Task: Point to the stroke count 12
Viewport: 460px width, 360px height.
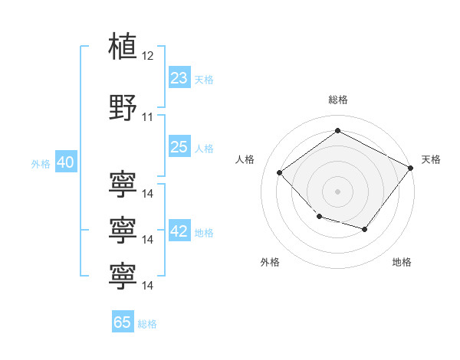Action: pos(148,56)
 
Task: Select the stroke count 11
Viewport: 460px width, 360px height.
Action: pos(148,117)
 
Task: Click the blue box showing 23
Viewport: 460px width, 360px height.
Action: pos(179,78)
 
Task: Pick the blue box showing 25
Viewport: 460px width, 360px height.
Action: pos(179,147)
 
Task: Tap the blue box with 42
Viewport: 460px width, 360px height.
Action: pos(179,232)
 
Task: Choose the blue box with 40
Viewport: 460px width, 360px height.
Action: pos(65,162)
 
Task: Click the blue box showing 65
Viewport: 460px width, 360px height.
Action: pos(122,322)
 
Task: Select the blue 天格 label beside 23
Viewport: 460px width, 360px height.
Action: pos(204,79)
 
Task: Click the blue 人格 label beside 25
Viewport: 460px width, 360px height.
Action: pos(204,148)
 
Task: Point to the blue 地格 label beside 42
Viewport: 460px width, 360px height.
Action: pos(204,233)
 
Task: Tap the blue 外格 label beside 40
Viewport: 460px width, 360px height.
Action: pos(40,163)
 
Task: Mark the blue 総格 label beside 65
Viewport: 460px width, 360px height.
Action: pos(147,323)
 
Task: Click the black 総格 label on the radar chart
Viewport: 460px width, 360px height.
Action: pos(337,100)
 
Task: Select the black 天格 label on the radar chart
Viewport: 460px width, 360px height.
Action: pos(432,159)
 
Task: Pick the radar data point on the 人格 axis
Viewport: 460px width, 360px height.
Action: pos(280,173)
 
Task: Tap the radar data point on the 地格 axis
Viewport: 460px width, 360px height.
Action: pos(365,229)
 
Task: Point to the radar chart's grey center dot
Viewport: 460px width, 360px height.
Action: pos(337,191)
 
